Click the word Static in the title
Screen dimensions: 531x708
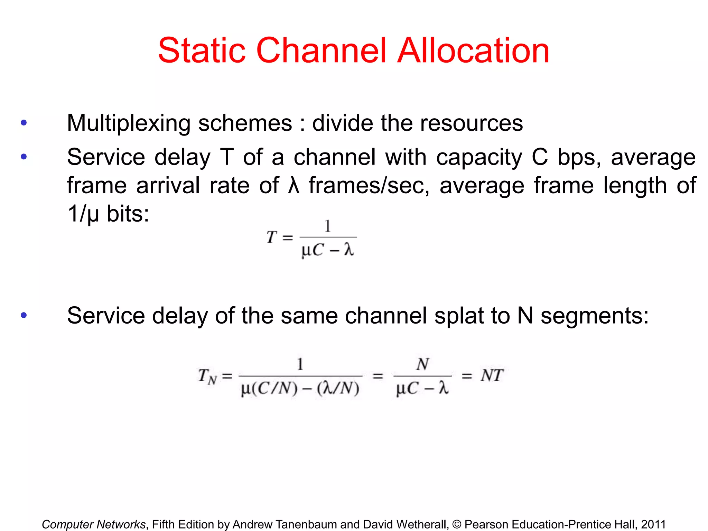[x=202, y=51]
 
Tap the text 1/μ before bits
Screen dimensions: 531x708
[x=83, y=214]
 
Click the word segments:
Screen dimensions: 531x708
[x=595, y=316]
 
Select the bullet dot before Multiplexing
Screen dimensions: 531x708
[x=24, y=123]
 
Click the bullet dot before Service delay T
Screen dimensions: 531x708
[x=24, y=157]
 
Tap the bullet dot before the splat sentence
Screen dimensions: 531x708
[x=24, y=315]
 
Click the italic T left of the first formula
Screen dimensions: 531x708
[x=272, y=237]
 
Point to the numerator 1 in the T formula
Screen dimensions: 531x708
[x=328, y=226]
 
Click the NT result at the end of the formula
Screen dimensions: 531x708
[x=492, y=375]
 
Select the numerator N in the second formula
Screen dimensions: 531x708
[x=422, y=364]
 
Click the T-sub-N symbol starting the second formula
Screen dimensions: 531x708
[x=207, y=376]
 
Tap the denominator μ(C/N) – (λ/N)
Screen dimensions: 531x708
[x=300, y=389]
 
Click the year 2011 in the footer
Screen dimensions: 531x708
[x=653, y=524]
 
